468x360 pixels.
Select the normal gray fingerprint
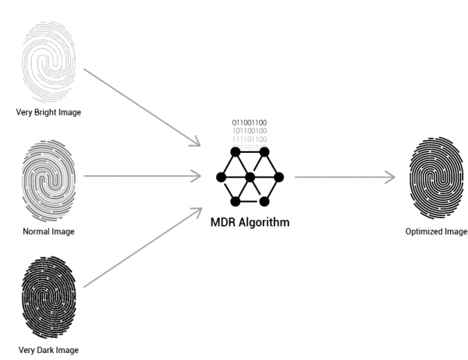49,181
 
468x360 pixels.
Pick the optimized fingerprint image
436,178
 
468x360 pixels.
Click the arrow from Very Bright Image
140,107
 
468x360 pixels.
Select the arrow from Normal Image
140,177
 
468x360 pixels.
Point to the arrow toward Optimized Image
343,177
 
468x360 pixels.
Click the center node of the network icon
250,178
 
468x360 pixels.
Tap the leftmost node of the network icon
221,178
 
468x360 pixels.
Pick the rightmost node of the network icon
278,178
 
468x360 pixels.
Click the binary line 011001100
250,123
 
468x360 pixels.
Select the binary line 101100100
250,132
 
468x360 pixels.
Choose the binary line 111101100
250,139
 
